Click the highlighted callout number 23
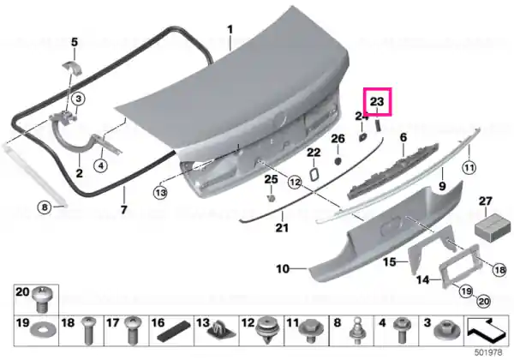(x=377, y=102)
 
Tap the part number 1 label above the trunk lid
(x=230, y=29)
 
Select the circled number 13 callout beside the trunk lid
(x=160, y=193)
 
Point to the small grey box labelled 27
(x=493, y=227)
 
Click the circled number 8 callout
(x=45, y=207)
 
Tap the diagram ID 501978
(x=487, y=352)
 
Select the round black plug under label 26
(x=338, y=161)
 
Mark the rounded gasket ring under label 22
(x=314, y=174)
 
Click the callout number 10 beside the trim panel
(x=283, y=269)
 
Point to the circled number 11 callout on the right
(x=469, y=168)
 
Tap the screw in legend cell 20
(x=42, y=299)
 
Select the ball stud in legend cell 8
(x=356, y=331)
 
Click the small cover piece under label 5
(x=73, y=68)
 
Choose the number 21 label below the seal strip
(x=282, y=227)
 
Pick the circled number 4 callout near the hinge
(x=100, y=165)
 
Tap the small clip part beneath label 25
(x=271, y=198)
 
